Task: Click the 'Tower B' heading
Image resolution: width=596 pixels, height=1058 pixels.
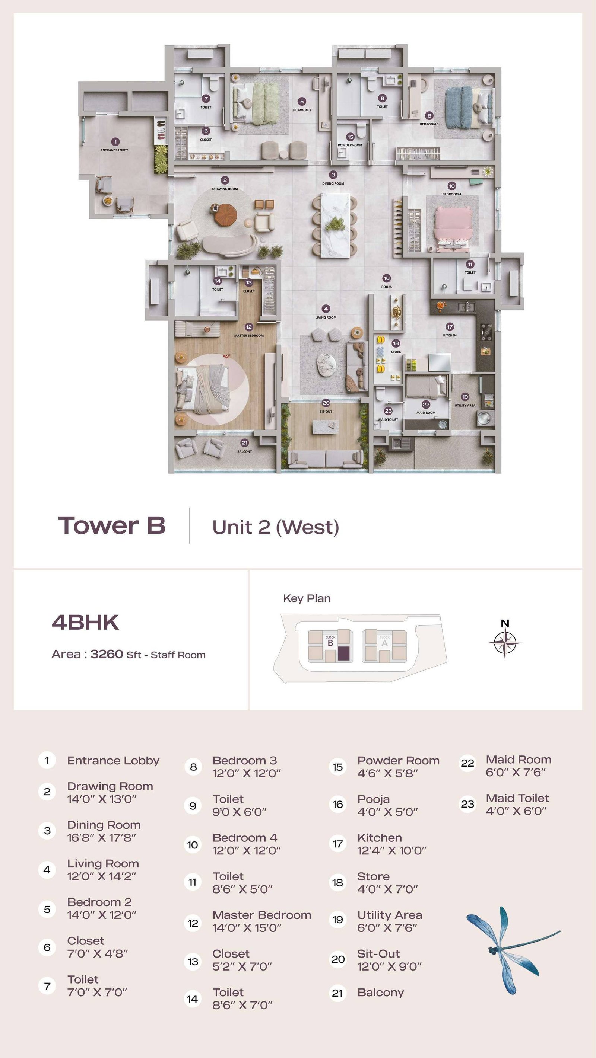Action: pos(112,525)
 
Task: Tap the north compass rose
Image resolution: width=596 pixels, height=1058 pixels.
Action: pos(505,642)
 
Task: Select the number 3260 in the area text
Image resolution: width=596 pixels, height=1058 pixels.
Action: pos(107,654)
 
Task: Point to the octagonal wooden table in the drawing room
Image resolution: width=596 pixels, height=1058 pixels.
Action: pos(226,214)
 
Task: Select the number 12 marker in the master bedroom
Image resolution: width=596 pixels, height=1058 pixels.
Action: pos(249,327)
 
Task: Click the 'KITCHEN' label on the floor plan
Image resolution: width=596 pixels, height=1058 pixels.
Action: pos(450,335)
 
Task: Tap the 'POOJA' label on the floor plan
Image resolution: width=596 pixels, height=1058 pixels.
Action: pos(386,287)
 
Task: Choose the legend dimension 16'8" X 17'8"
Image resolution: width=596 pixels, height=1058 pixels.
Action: pos(102,838)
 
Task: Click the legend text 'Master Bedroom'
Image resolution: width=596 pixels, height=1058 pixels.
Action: pos(262,915)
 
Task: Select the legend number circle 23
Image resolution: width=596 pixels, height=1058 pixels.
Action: pos(467,804)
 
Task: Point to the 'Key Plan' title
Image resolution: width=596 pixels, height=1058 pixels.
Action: pos(307,598)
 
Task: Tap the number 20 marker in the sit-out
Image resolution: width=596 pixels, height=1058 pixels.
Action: pos(326,403)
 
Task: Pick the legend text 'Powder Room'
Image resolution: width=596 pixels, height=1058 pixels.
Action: pos(398,761)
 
